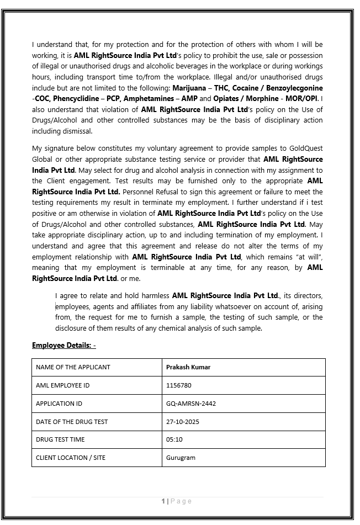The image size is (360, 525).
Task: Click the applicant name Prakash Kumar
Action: [x=188, y=367]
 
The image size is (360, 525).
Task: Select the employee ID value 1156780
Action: [x=179, y=385]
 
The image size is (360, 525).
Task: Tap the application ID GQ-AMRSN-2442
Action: [x=191, y=404]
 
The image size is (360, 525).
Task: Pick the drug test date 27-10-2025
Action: [x=183, y=422]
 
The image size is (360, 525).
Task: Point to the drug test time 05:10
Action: [x=174, y=439]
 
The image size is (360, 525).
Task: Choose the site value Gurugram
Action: [x=181, y=458]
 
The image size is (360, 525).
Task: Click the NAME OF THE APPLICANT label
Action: [x=73, y=367]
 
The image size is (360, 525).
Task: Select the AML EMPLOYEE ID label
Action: [x=62, y=385]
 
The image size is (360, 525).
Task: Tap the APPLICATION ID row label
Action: [x=59, y=404]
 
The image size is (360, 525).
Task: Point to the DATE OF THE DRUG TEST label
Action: [x=72, y=422]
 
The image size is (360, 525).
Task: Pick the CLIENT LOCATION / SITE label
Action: [x=71, y=458]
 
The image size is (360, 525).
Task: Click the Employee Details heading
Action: [x=64, y=346]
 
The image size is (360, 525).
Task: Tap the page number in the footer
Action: [x=163, y=501]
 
